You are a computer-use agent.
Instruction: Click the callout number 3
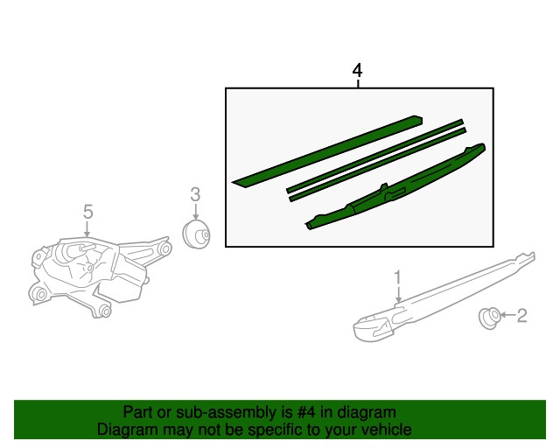click(195, 195)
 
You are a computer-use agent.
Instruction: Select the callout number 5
click(87, 212)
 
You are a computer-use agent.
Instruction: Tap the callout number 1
click(398, 278)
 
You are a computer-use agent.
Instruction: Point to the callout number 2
click(521, 316)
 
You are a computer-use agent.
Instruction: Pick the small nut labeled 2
click(489, 318)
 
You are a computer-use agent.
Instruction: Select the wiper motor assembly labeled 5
click(99, 276)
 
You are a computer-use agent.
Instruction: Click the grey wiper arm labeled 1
click(443, 297)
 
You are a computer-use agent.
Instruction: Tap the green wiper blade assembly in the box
click(395, 187)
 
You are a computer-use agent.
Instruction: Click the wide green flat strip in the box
click(327, 150)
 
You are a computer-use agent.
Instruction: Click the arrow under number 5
click(87, 229)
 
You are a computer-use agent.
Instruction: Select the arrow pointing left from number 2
click(507, 315)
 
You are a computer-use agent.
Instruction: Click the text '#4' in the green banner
click(306, 412)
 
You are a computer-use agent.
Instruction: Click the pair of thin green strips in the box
click(376, 160)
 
